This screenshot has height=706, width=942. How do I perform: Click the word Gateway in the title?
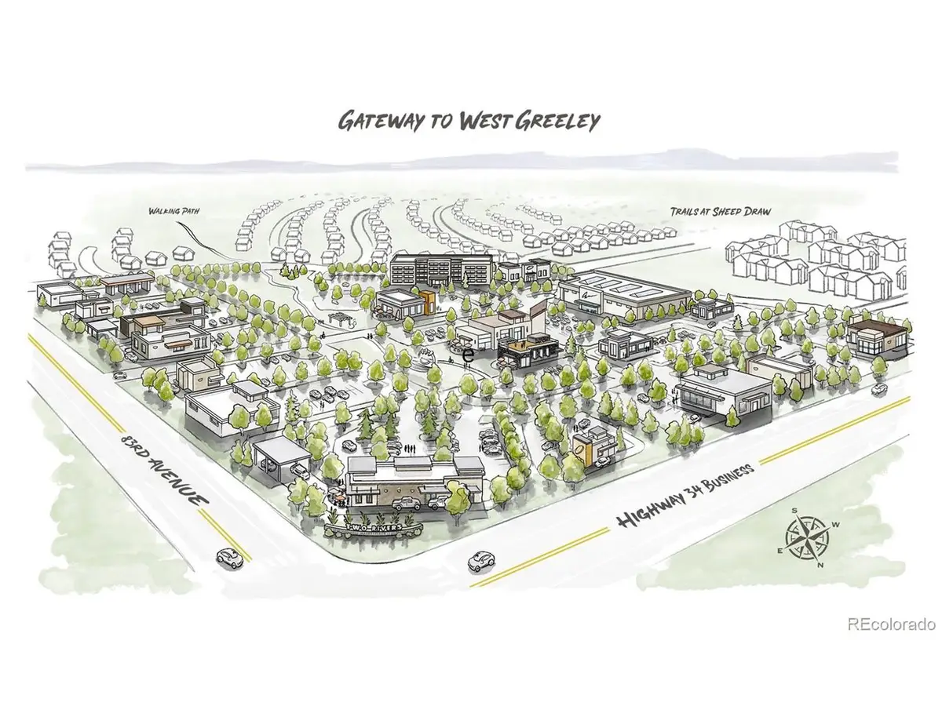point(372,120)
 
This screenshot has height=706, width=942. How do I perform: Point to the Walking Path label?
point(170,210)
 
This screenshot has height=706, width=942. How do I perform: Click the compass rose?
point(805,537)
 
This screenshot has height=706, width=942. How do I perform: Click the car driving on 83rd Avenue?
point(229,559)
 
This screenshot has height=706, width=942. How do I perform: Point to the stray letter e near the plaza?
point(469,354)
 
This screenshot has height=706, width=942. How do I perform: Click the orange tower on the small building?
point(426,302)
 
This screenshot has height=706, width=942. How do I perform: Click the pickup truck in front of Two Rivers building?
point(406,503)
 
